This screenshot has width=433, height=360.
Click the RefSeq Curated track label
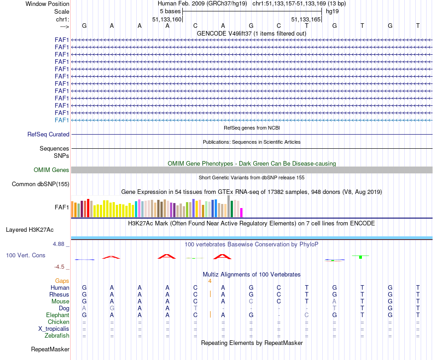[x=48, y=135]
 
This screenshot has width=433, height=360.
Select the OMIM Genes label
[x=52, y=170]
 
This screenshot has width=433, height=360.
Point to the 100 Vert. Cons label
[x=26, y=256]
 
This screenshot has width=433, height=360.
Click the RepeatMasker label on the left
[x=50, y=350]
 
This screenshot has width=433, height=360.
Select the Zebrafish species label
[x=57, y=336]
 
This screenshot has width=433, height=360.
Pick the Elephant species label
[x=57, y=315]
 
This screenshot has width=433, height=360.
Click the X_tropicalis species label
[x=54, y=329]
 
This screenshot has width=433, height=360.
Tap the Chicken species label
[x=58, y=322]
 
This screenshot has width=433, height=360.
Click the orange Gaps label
[x=62, y=281]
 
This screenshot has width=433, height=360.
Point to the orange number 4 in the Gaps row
[x=210, y=281]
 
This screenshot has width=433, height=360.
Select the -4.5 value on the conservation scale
[x=61, y=267]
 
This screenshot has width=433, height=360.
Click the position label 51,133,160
[x=167, y=20]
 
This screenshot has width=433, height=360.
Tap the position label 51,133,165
[x=306, y=20]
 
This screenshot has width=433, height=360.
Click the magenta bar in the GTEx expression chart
[x=242, y=213]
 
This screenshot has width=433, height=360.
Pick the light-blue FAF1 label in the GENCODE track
[x=62, y=120]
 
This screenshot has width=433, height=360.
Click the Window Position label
[x=47, y=4]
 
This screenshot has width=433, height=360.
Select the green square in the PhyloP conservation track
[x=361, y=257]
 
